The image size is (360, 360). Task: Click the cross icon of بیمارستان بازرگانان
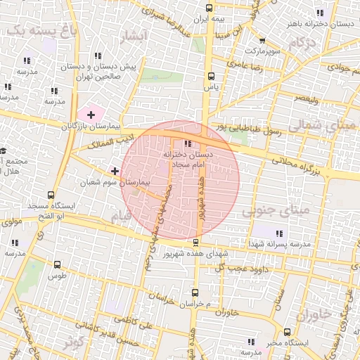(x=91, y=114)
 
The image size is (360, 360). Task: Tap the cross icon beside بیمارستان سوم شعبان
(x=115, y=171)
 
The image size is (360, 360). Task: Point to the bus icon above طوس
(x=57, y=265)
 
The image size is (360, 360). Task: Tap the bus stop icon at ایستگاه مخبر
(x=287, y=332)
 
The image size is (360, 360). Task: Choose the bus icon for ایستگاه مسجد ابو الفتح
(x=50, y=195)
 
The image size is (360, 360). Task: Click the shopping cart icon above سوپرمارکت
(x=262, y=41)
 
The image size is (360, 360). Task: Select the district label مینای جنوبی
(x=276, y=210)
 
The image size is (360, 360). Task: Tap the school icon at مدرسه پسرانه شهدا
(x=279, y=233)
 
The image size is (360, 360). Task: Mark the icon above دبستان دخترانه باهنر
(x=320, y=13)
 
